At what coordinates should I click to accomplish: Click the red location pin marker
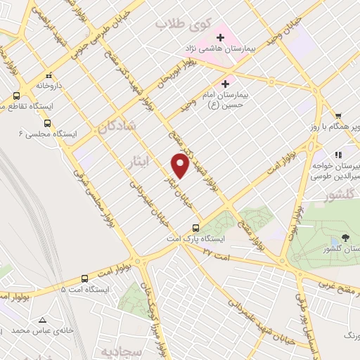click(181, 166)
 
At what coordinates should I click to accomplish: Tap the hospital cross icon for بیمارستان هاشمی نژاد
click(220, 37)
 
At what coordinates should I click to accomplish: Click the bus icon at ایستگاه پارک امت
click(196, 228)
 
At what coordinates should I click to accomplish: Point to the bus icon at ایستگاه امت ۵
click(85, 278)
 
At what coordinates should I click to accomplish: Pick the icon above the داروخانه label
click(49, 75)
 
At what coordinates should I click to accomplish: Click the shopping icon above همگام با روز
click(338, 116)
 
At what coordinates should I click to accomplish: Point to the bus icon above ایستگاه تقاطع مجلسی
click(15, 95)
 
